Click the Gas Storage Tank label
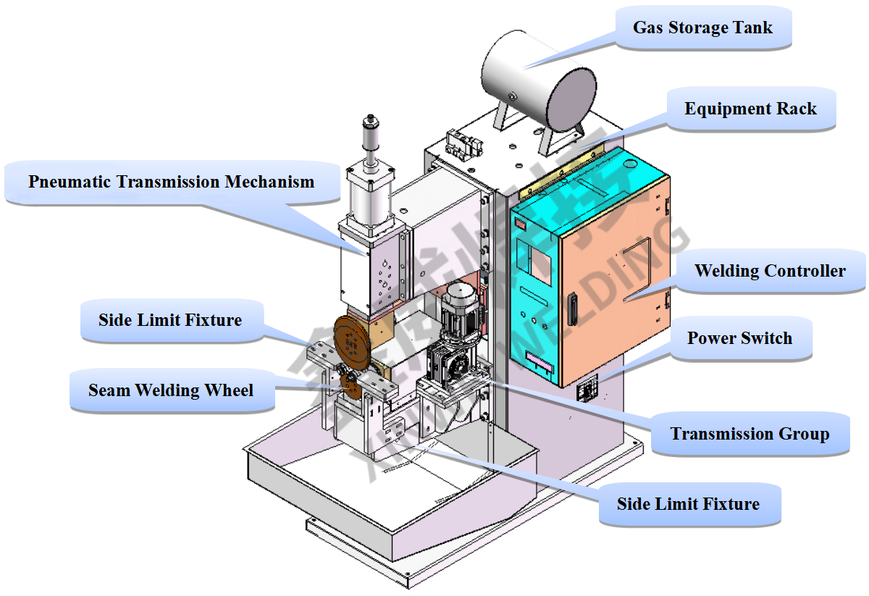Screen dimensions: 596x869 tap(702, 28)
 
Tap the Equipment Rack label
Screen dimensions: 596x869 tap(750, 109)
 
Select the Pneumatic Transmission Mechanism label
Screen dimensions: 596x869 tap(172, 182)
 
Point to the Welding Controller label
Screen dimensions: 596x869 tap(770, 272)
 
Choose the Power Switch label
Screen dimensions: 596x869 tap(739, 338)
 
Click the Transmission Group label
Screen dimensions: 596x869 tap(750, 434)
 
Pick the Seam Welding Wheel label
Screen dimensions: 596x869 tap(171, 391)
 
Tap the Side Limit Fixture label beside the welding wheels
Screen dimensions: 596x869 tap(170, 319)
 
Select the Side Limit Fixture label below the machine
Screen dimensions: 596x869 tap(688, 504)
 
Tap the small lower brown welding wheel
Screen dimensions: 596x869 tap(352, 385)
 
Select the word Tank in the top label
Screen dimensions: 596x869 tap(755, 28)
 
